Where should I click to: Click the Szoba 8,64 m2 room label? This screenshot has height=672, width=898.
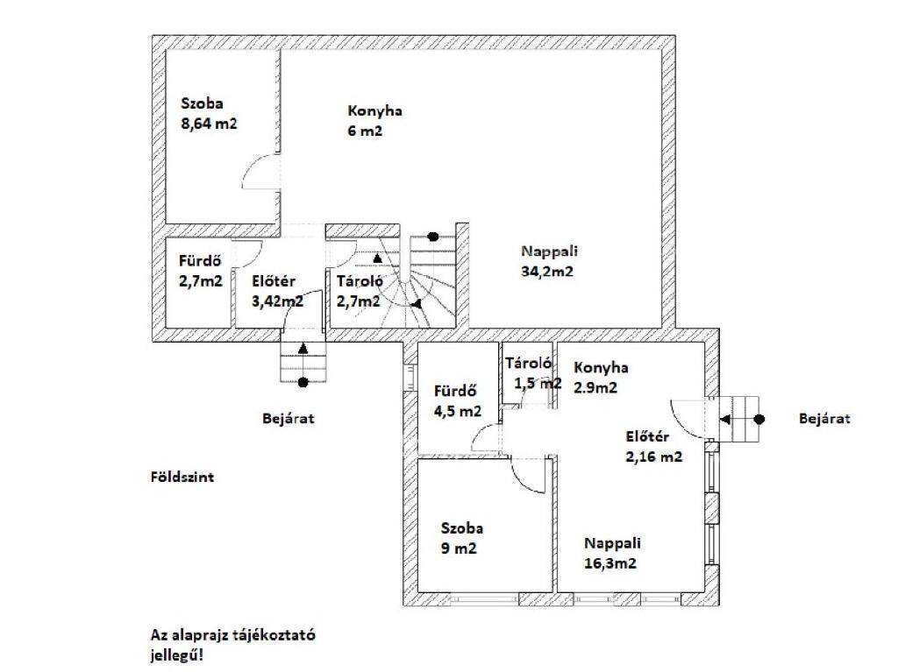pos(209,113)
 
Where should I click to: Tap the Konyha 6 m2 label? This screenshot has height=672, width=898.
pos(374,120)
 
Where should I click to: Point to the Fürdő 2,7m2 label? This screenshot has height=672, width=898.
pos(201,270)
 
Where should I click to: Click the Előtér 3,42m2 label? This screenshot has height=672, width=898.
pos(278,291)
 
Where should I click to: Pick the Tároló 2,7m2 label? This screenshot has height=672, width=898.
pos(359,291)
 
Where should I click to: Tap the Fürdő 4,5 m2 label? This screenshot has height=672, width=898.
pos(458,401)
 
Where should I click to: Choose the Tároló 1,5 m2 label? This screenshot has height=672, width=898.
pos(532,372)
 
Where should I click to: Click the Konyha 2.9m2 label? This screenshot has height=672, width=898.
pos(601,378)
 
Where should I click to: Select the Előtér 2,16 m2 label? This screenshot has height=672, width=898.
pos(653,447)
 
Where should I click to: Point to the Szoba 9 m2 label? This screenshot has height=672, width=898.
pos(461,538)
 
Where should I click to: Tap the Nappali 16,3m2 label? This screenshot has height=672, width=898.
pos(611,553)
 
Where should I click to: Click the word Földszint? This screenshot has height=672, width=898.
pos(182,477)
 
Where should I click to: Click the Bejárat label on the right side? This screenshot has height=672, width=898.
pos(824,419)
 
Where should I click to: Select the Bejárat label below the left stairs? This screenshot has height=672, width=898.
pos(288,419)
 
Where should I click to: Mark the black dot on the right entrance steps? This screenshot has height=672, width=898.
pos(759,420)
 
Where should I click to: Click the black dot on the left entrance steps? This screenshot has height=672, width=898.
pos(303,382)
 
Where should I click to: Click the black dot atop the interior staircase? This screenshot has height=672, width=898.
pos(433,237)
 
